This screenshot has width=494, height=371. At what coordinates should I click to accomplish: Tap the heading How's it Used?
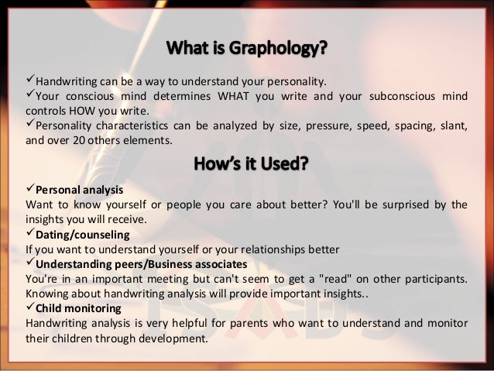[246, 165]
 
